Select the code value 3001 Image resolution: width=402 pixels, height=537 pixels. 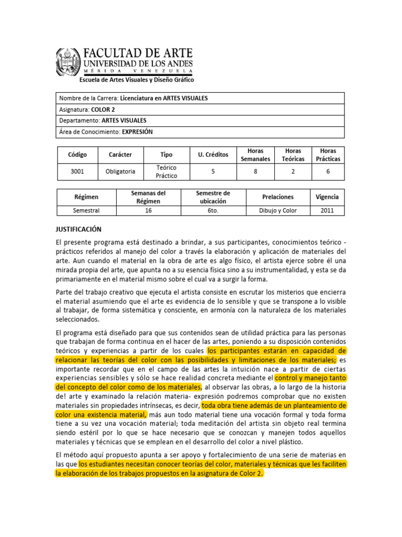coord(77,171)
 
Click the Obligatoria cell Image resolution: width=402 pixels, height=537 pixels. coord(120,171)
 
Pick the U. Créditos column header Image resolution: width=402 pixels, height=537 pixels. coord(213,155)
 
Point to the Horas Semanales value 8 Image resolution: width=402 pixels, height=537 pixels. coord(255,171)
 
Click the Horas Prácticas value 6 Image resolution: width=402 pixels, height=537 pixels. coord(328,171)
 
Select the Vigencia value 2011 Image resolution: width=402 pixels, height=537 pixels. coord(327,210)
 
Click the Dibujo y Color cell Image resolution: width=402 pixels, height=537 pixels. coord(277,210)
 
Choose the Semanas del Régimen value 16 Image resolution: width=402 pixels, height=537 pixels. coord(148,210)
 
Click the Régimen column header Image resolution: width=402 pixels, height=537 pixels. coord(86,197)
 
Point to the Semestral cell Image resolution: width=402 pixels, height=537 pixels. coord(86,210)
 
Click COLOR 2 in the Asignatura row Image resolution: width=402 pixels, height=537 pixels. coord(103,109)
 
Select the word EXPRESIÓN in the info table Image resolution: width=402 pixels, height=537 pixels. coord(137,132)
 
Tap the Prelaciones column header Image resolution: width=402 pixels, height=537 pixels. coord(277,197)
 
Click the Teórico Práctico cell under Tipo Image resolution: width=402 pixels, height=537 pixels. coord(166,171)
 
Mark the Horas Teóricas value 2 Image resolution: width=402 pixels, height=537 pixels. coord(293,171)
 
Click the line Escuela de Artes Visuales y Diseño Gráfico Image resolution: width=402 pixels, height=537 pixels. coord(136,80)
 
